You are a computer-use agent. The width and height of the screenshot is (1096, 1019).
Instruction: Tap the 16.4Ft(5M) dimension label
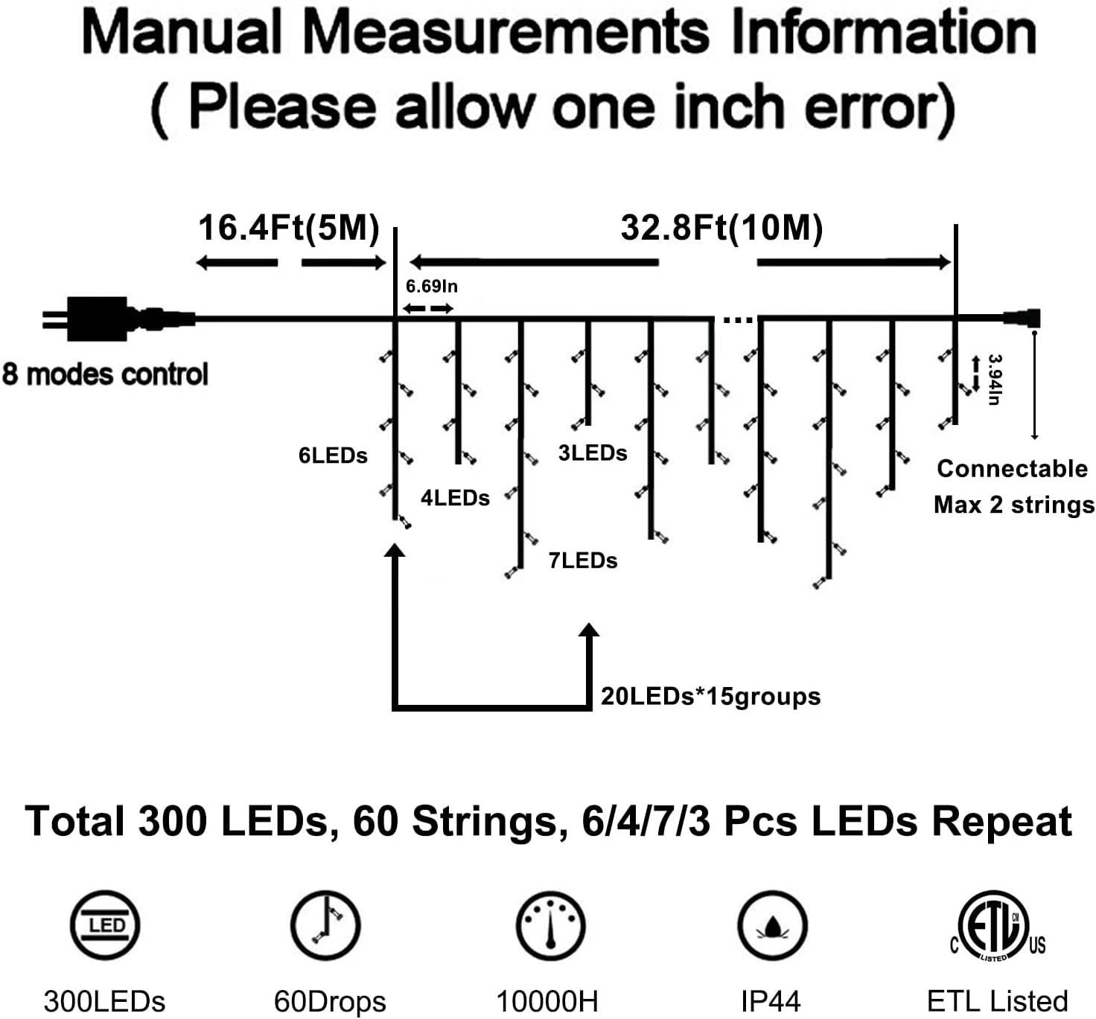tap(289, 228)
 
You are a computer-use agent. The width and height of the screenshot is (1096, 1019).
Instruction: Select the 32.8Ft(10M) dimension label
tap(721, 228)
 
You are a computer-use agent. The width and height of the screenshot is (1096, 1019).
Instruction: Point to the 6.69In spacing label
tap(431, 287)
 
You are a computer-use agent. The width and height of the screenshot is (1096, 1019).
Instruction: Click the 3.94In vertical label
tap(994, 380)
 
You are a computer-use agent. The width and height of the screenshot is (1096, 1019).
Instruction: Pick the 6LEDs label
tap(333, 456)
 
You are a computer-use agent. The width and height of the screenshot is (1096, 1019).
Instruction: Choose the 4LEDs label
tap(455, 498)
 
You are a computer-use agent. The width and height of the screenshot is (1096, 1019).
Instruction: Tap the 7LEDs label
tap(583, 560)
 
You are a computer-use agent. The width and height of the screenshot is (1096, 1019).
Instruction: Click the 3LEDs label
tap(593, 453)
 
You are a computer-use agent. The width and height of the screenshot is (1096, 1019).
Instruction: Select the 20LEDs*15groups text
tap(710, 697)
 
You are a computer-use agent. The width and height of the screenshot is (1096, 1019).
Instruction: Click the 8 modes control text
tap(105, 374)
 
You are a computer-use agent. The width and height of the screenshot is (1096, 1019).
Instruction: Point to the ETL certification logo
tap(996, 927)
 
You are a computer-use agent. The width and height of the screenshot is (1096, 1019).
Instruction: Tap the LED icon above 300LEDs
tap(105, 926)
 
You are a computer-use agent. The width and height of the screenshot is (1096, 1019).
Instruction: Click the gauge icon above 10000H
tap(549, 926)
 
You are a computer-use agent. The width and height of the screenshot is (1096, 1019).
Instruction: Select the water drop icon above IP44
tap(772, 926)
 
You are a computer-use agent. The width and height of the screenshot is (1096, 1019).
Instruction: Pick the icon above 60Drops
tap(325, 924)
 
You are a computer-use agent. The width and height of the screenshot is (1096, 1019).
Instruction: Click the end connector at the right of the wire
tap(1023, 319)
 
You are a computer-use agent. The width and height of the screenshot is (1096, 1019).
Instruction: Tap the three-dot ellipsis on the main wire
tap(738, 321)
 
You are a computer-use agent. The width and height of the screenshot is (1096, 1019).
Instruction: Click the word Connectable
tap(1012, 469)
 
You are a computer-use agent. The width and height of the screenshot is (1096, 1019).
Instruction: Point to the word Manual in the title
tap(182, 33)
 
